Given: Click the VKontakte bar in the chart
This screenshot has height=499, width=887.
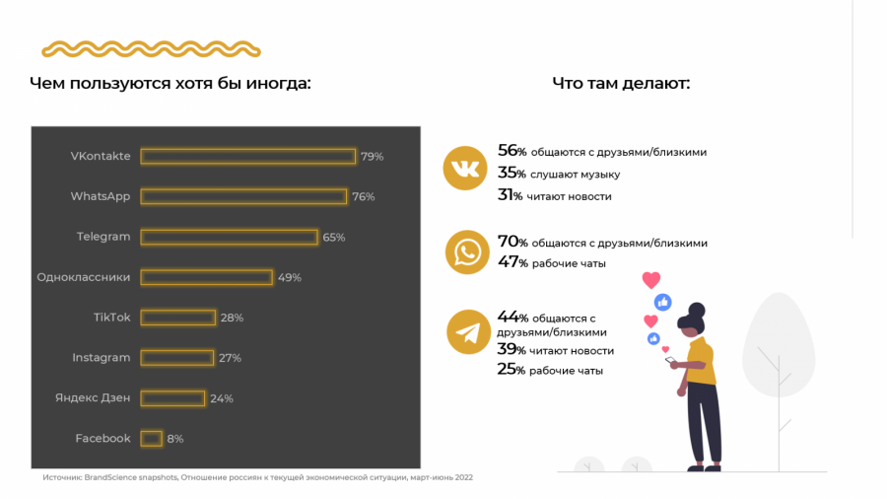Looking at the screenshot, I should point(247,156).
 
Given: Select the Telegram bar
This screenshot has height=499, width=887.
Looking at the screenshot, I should point(229,237).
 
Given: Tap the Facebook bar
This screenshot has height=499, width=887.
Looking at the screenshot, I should point(152,438).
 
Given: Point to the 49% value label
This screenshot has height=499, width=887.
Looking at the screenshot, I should point(290,277).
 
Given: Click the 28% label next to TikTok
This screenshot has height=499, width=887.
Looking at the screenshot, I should point(232,318).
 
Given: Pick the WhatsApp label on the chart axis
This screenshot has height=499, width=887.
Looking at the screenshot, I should point(101,196).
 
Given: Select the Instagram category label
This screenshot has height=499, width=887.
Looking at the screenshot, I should point(101,358).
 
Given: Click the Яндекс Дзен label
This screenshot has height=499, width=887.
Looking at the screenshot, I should point(93,398).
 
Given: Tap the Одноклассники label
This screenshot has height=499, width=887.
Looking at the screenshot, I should point(83,277).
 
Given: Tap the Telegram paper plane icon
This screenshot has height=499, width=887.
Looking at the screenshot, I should point(468,332).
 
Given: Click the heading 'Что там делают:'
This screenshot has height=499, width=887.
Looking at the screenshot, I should point(621,83).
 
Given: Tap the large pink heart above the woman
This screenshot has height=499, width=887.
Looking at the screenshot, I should point(650,280).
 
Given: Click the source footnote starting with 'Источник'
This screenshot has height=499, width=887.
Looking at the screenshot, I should point(257,478).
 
